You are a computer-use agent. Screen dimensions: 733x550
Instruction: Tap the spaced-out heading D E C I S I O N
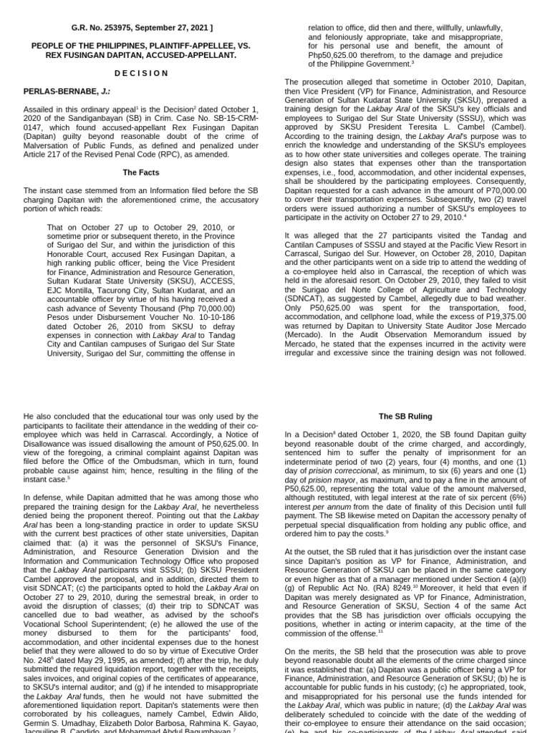[x=140, y=73]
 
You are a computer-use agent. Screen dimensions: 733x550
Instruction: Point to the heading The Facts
[x=140, y=173]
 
